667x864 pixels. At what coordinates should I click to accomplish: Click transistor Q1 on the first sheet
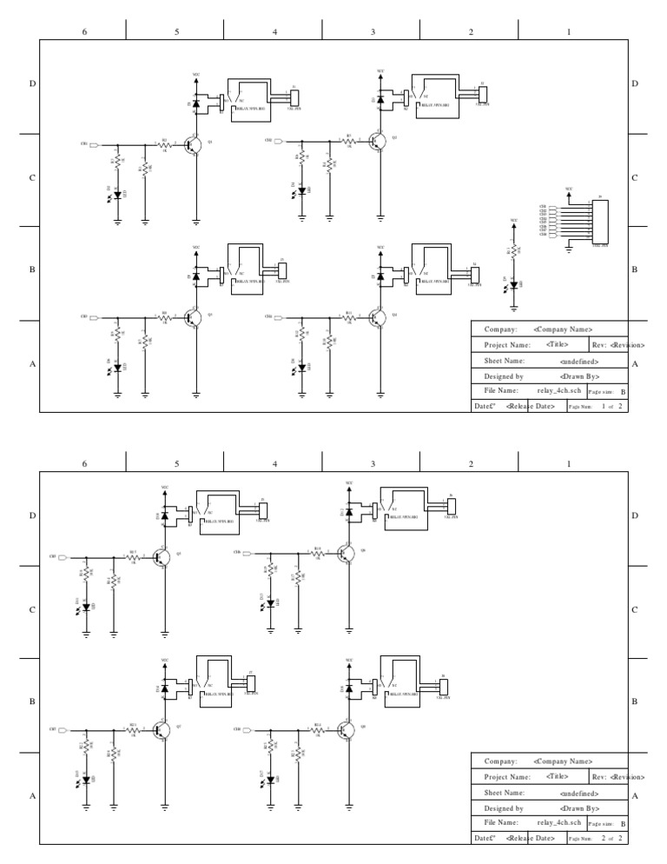click(x=195, y=144)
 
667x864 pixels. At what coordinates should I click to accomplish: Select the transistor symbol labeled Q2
click(x=380, y=142)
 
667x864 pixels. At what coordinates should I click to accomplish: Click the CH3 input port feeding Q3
click(x=96, y=317)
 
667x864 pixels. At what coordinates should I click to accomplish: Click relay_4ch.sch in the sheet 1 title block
click(x=558, y=391)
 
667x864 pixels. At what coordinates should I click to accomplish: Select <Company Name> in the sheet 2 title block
click(x=563, y=761)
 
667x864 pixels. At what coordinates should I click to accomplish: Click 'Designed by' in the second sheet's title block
click(x=504, y=808)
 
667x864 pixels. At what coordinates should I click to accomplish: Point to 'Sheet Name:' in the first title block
click(x=504, y=360)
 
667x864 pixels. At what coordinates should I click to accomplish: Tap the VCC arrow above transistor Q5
click(x=165, y=493)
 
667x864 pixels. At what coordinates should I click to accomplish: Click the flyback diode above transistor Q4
click(x=380, y=277)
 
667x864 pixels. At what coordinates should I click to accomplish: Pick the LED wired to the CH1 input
click(x=117, y=196)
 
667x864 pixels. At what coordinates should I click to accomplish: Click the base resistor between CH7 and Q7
click(x=133, y=729)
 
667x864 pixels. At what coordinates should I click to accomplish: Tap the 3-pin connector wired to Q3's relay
click(x=281, y=271)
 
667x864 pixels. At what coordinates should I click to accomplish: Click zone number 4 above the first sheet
click(x=274, y=31)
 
